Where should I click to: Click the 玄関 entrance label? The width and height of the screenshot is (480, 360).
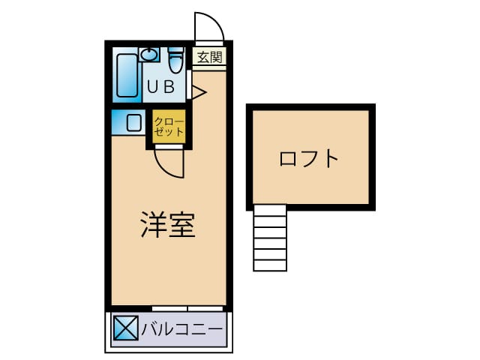click(210, 57)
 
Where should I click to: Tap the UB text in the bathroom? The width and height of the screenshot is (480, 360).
click(161, 87)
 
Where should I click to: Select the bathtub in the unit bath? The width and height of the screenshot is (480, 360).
click(127, 76)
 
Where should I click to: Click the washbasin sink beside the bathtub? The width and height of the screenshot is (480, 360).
click(149, 55)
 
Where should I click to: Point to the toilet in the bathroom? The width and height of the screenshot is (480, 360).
click(175, 60)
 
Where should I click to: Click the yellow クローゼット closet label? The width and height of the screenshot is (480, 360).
click(169, 127)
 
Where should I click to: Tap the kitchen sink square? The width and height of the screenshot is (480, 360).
click(134, 122)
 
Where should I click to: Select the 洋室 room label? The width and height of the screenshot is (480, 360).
click(168, 224)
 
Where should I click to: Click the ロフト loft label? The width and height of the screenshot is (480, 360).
click(309, 158)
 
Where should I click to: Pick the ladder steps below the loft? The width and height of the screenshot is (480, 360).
click(270, 238)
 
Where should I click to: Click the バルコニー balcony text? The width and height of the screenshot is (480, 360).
click(181, 329)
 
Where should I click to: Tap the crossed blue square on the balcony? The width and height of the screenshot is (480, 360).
click(125, 328)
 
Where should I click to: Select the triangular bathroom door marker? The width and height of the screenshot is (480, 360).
click(199, 92)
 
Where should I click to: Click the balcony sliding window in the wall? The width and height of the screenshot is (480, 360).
click(187, 308)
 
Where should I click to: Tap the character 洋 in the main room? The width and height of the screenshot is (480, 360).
click(153, 224)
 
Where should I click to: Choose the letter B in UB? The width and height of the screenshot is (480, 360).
click(169, 87)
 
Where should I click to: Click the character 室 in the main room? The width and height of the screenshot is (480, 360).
click(182, 224)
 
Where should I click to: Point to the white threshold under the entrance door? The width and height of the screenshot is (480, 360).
click(210, 43)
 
